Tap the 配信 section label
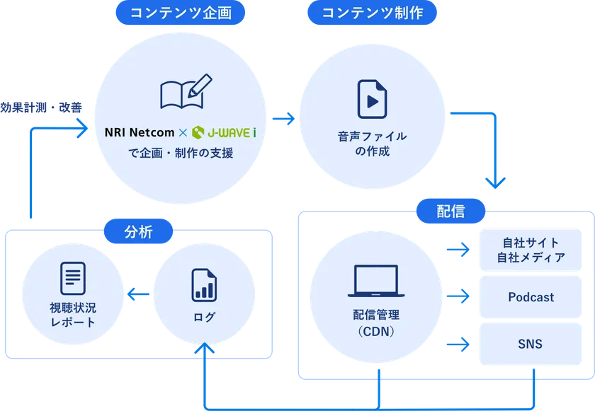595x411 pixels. (451, 211)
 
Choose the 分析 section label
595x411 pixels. (138, 231)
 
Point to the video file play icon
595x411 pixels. (372, 99)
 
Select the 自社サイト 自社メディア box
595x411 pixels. (531, 250)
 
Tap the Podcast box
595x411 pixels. (531, 297)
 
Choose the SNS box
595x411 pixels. (531, 344)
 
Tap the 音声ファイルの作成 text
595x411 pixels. (372, 144)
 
